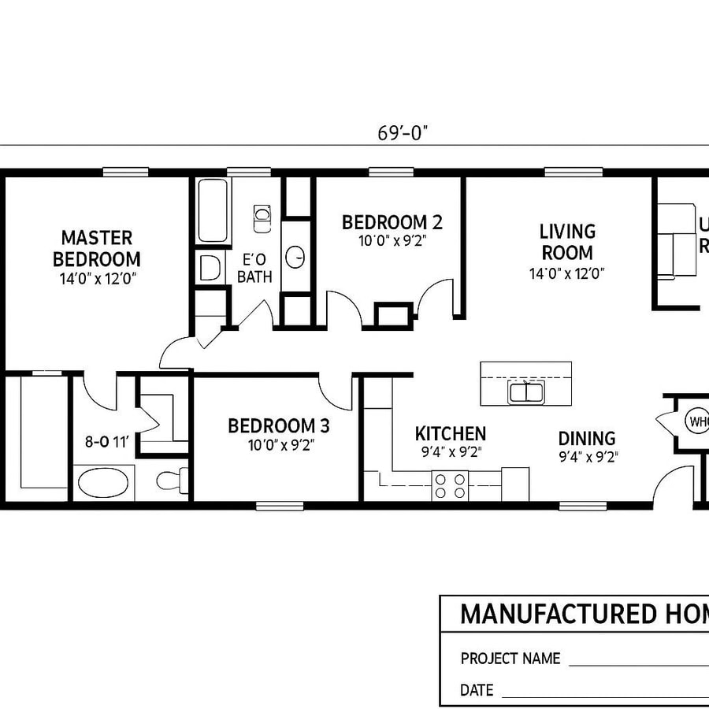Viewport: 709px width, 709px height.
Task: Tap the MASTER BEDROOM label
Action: point(97,247)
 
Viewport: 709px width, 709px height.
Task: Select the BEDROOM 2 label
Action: point(392,223)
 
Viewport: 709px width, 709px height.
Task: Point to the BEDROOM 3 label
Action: point(278,426)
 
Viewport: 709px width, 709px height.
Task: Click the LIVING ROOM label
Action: point(567,242)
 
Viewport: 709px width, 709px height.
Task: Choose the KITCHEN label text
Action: point(451,433)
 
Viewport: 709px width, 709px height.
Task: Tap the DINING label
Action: point(587,439)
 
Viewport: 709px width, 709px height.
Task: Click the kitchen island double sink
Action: point(525,392)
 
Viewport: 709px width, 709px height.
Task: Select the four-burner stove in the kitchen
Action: point(450,485)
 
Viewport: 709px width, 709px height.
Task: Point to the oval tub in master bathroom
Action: point(103,481)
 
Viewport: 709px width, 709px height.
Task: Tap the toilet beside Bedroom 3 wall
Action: point(172,479)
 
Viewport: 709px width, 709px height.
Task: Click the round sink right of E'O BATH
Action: point(295,256)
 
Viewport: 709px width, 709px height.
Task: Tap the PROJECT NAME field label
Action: point(510,659)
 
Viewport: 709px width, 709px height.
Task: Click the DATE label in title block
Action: point(477,691)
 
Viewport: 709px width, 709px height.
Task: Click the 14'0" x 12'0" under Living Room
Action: point(567,274)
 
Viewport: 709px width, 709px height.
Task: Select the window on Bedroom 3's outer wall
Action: point(280,505)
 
